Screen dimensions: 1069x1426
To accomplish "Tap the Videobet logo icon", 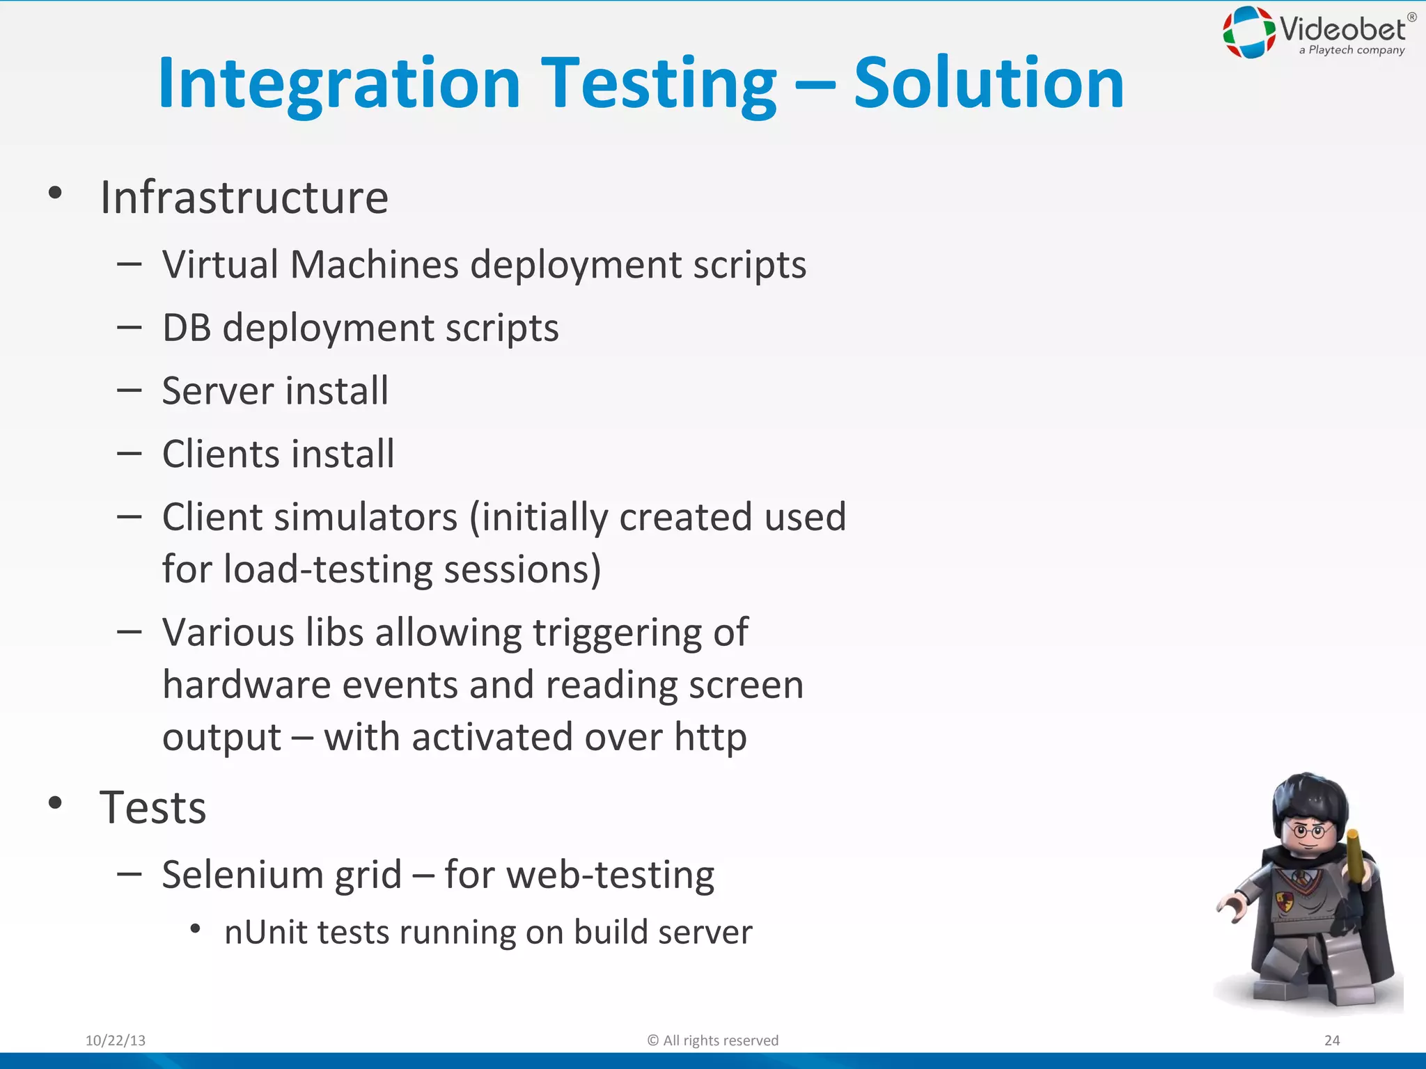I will [x=1249, y=32].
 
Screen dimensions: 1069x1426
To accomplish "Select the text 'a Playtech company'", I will [x=1351, y=50].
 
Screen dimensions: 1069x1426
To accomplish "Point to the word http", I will [x=710, y=738].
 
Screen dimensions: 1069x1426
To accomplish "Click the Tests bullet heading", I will [x=152, y=807].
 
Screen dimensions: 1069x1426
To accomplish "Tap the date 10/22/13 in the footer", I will [x=116, y=1040].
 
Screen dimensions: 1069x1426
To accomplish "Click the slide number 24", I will [x=1331, y=1040].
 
